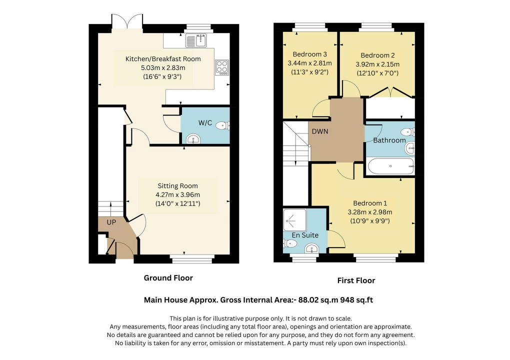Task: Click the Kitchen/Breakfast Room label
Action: [x=163, y=58]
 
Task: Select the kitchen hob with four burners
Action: [x=221, y=67]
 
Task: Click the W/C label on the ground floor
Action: [x=205, y=122]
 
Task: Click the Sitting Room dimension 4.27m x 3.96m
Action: [x=177, y=194]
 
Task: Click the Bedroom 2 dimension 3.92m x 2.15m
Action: [x=377, y=64]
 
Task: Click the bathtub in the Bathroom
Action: [x=390, y=165]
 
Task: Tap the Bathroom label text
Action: [x=389, y=140]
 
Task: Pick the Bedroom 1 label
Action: [x=370, y=203]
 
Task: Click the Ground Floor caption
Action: [x=168, y=277]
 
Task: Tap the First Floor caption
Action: [x=356, y=280]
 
